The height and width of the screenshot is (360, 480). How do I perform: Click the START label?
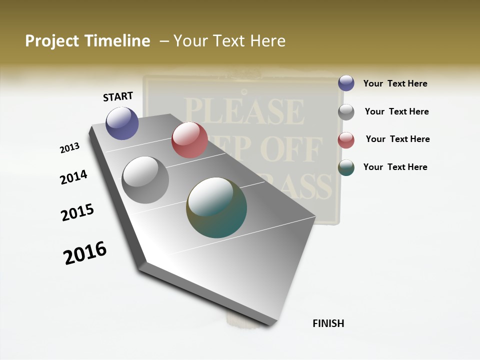coord(118,96)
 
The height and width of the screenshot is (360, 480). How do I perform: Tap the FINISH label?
coord(328,323)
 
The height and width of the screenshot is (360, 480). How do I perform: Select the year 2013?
coord(70,148)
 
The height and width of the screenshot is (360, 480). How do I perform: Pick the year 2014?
coord(73,177)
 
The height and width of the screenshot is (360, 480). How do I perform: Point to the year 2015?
coord(77,212)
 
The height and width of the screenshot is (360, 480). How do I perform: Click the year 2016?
coord(85,253)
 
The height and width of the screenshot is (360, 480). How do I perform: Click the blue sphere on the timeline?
coord(122,123)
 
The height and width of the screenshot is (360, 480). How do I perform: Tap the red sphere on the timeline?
coord(189,140)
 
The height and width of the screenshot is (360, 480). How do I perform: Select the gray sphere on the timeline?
coord(145,180)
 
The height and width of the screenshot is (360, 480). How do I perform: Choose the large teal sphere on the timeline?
coord(216,207)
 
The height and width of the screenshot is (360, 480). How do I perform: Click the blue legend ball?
coord(346,83)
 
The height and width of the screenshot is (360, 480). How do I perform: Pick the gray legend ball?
coord(346,112)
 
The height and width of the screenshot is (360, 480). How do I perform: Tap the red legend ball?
coord(346,140)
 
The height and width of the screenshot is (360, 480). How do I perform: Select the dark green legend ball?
coord(346,167)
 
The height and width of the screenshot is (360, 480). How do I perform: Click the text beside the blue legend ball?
coord(395,83)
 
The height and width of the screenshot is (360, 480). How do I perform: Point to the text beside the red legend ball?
coord(397,139)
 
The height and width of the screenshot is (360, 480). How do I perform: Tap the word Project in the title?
coord(51,41)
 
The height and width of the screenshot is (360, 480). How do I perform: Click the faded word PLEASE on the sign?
coord(244,112)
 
